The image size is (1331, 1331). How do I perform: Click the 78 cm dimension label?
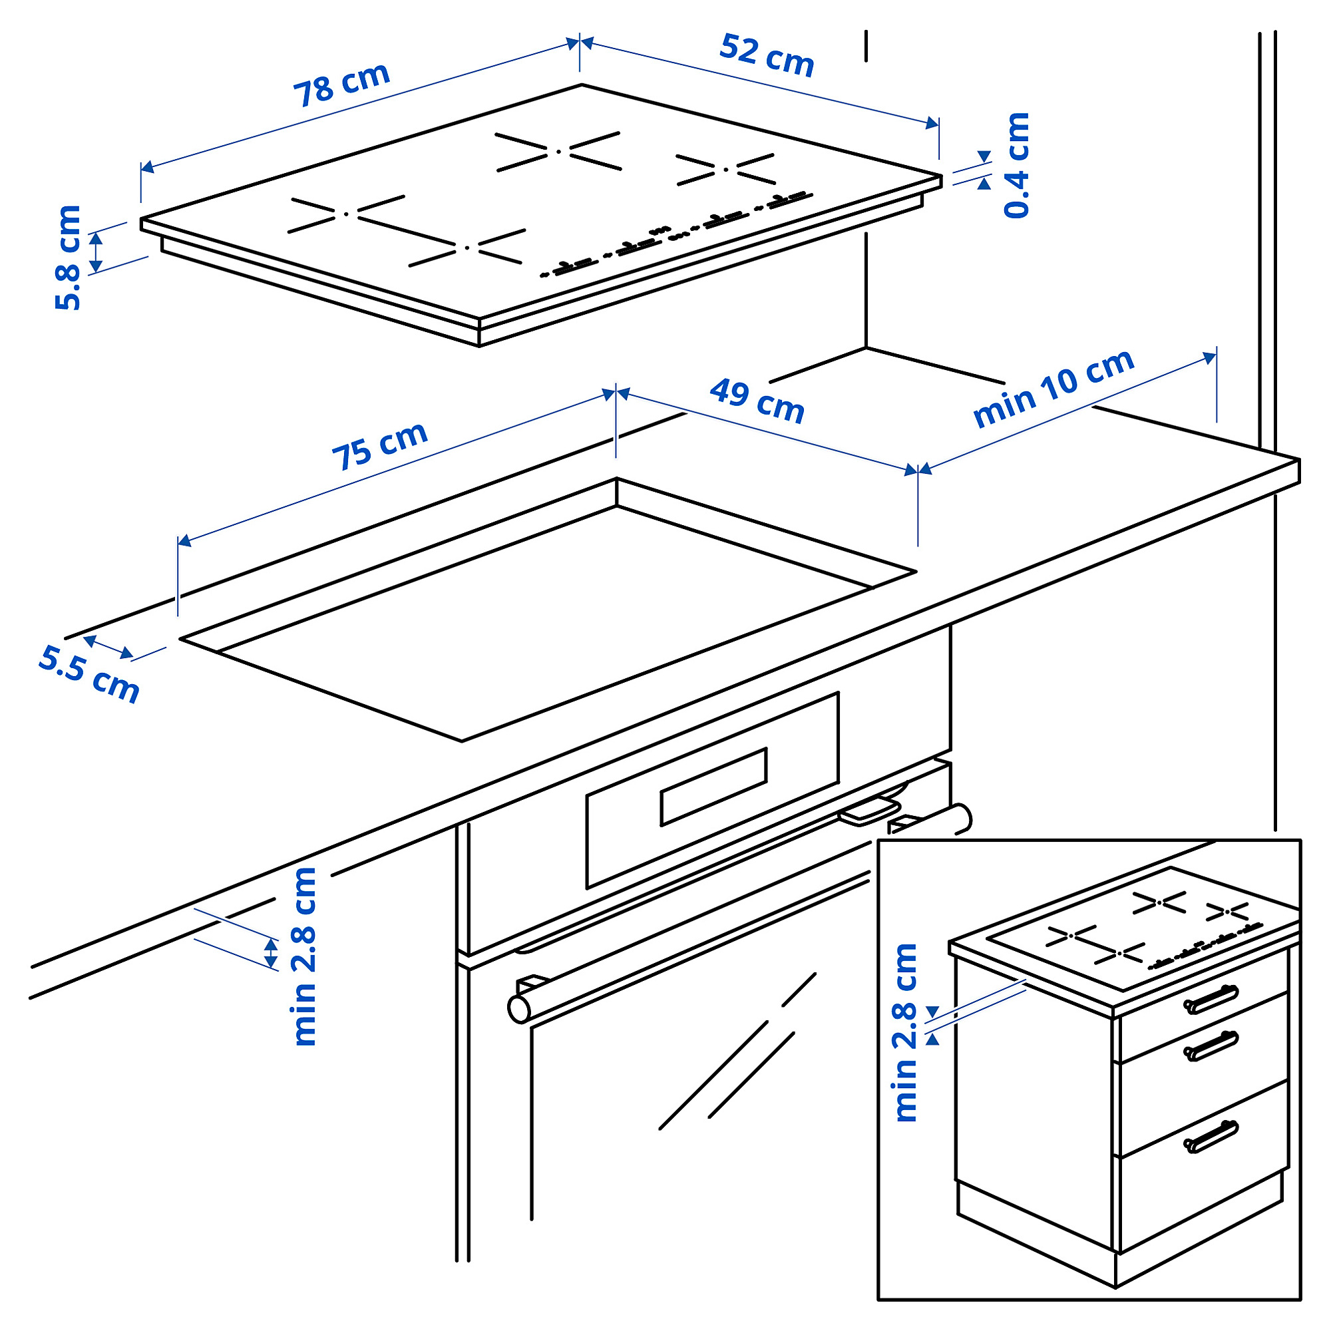coord(342,85)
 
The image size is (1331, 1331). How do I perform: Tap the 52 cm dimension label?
coord(767,55)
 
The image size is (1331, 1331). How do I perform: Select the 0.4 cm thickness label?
coord(1017,165)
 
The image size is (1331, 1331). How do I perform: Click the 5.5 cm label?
coord(89,673)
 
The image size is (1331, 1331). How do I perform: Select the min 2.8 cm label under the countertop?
coord(304,957)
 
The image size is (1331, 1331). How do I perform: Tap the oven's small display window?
coord(713,786)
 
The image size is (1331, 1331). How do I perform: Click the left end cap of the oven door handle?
coord(518,1010)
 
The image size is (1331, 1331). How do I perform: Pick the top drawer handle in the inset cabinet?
coord(1211,1000)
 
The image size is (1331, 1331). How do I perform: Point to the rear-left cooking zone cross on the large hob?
coord(559,151)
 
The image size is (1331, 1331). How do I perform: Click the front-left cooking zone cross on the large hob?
coord(346,214)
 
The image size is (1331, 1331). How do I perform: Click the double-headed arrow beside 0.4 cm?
coord(984,170)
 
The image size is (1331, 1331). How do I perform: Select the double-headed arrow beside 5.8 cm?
coord(96,252)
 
